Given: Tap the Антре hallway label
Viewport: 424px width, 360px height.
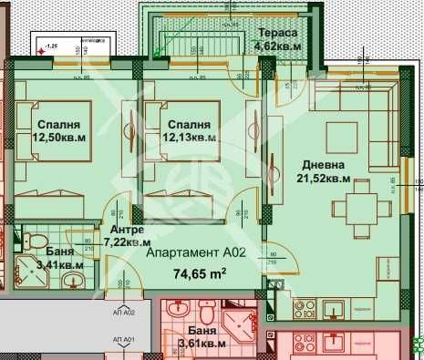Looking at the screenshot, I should [126, 230].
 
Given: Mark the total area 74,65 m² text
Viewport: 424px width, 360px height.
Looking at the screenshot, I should [200, 272].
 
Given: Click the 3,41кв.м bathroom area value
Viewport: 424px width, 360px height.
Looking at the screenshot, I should [58, 265].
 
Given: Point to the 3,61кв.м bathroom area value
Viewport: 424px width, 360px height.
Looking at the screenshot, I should [201, 344].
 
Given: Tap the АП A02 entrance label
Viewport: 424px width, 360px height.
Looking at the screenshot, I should [123, 312].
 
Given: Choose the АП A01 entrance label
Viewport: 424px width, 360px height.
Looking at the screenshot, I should [123, 339].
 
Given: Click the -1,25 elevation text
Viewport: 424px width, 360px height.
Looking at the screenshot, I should [52, 44].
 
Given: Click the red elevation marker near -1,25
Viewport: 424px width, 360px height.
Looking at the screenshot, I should [42, 51].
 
